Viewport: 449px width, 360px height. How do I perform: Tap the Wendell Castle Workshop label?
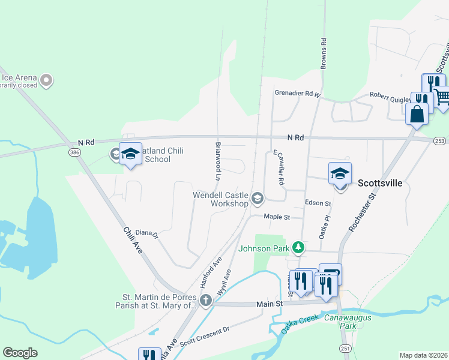point(220,199)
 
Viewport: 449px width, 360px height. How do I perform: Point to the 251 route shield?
point(345,349)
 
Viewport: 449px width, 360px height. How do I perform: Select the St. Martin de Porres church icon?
point(206,300)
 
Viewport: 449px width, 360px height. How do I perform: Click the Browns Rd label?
point(323,53)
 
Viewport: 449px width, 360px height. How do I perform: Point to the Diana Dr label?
point(146,233)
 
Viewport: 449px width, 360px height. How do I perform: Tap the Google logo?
point(20,353)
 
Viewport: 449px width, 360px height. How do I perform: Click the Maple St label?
point(277,217)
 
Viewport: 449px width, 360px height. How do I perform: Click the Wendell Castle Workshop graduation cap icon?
point(258,197)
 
